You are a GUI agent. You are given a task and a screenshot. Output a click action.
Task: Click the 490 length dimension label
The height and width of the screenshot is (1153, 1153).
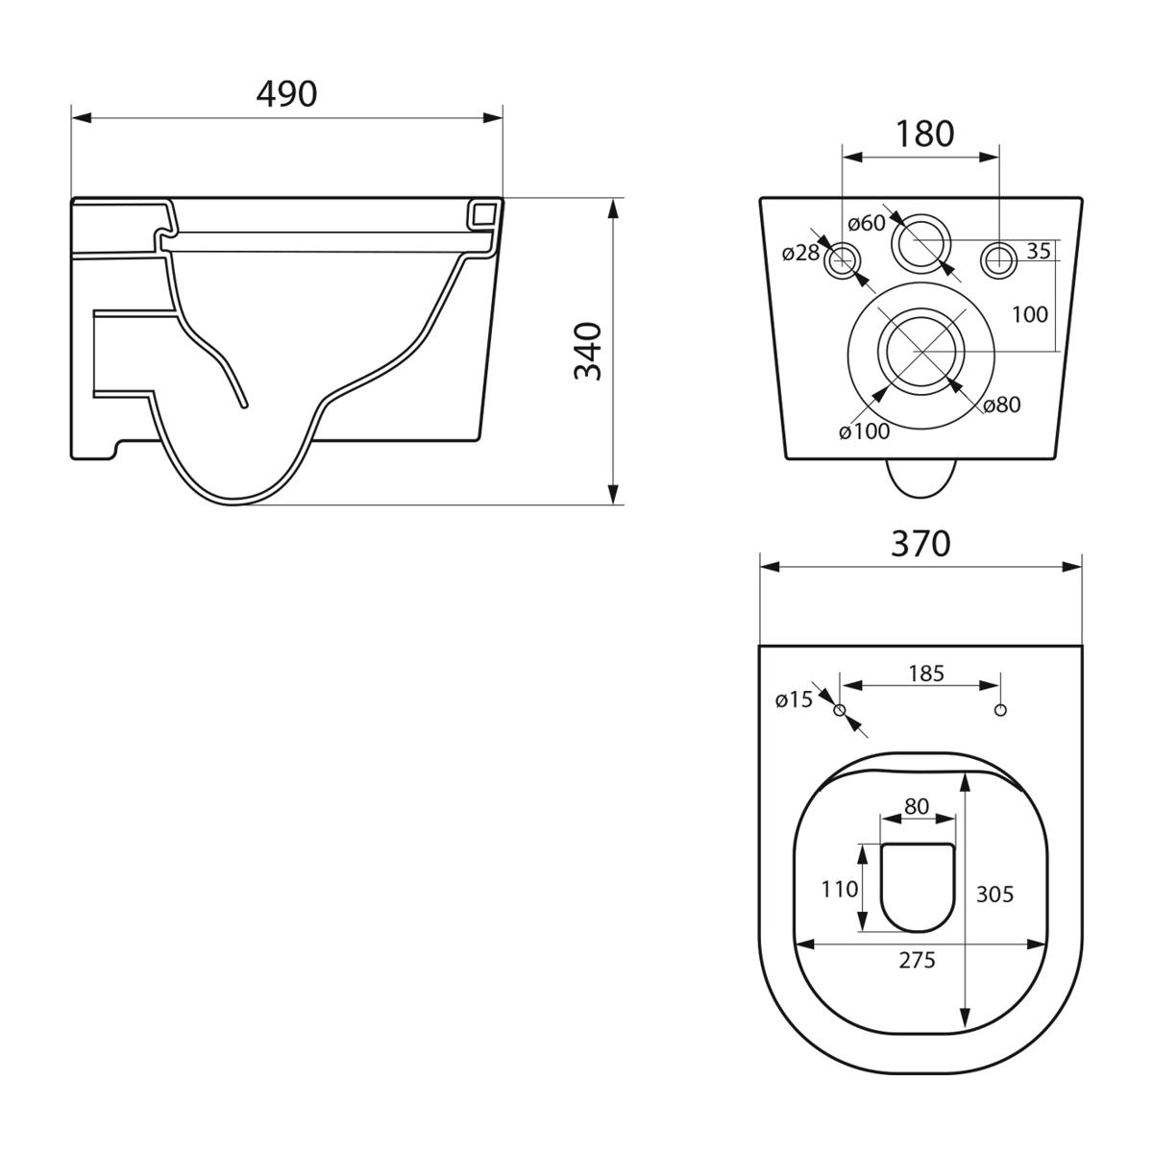pos(286,94)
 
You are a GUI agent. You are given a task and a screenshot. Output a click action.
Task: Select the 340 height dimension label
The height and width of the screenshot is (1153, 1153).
pos(588,352)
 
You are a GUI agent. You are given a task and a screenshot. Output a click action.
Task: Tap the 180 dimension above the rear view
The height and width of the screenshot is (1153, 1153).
pos(924,134)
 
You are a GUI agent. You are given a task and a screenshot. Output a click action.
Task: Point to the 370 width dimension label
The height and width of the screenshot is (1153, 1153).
pos(920,544)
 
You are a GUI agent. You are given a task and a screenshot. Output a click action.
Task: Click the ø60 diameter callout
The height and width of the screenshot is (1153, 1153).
pos(867,223)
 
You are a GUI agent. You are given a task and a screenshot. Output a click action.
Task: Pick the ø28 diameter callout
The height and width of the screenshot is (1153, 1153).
pos(800,253)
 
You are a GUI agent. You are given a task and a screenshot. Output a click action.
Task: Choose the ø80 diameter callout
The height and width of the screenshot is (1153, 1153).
pos(1001,405)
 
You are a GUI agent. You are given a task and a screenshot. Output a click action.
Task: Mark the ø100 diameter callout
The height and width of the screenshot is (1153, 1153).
pos(864,430)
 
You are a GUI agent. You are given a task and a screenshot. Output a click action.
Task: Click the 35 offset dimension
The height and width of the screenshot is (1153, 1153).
pos(1038,251)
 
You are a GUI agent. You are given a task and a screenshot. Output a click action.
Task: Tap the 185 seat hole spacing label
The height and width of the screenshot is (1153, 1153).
pos(926,674)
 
